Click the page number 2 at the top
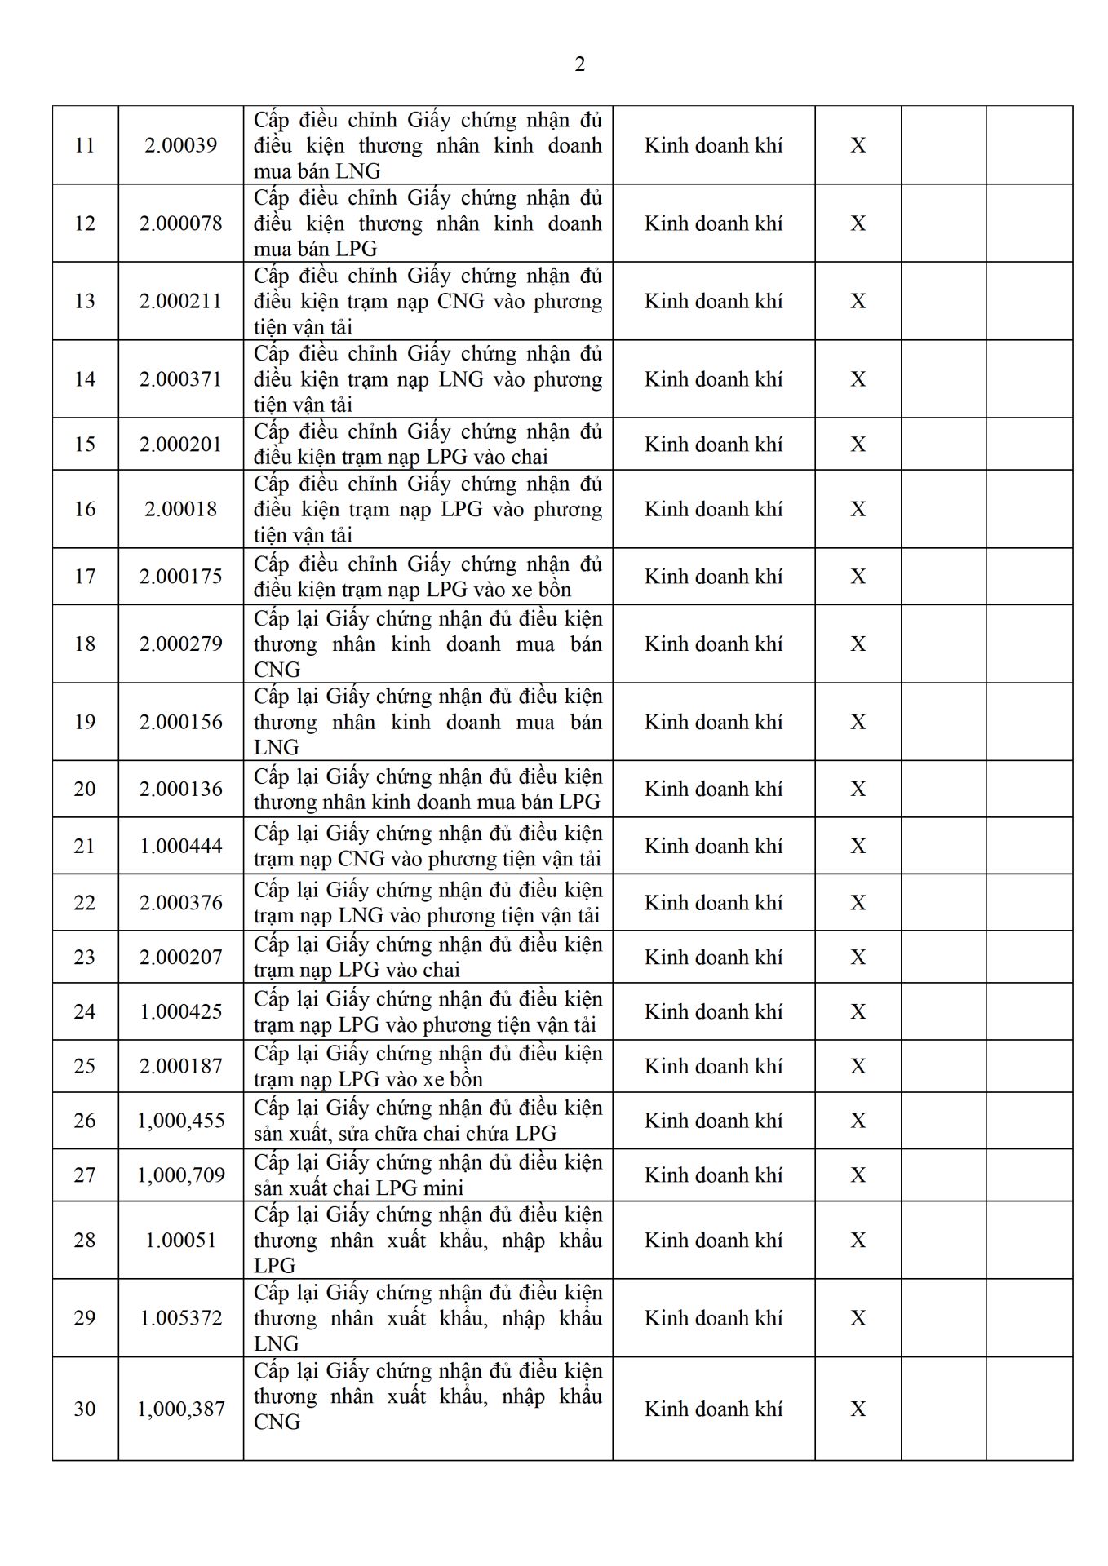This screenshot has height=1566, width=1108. (579, 64)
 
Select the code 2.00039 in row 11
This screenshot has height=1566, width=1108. (180, 145)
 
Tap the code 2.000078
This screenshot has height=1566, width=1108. (180, 223)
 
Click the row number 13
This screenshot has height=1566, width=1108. (85, 301)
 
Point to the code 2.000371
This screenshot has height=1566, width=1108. (180, 379)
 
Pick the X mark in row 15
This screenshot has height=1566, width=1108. (858, 445)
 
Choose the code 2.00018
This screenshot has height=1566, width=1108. (180, 509)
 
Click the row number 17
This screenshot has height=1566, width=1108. (85, 577)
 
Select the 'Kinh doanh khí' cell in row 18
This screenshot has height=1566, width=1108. (713, 644)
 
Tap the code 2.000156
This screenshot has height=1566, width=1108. (180, 722)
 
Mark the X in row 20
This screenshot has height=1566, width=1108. (858, 790)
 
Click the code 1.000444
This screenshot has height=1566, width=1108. (180, 847)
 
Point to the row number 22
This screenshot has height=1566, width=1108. (85, 903)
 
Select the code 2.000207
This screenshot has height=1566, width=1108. (180, 958)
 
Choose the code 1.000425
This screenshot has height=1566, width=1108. (180, 1012)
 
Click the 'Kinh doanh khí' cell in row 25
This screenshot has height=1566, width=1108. (713, 1066)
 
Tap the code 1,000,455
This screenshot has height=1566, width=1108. (180, 1121)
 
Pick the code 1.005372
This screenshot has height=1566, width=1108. (180, 1318)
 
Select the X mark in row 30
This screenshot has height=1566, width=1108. (858, 1409)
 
